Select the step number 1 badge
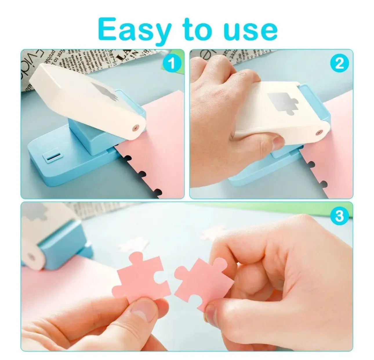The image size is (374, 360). (x=172, y=63)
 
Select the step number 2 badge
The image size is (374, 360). (x=339, y=63)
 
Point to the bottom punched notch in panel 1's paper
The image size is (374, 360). (x=158, y=192)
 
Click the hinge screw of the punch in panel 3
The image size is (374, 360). (x=31, y=257)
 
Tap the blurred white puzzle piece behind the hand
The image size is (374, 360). (x=213, y=232)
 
